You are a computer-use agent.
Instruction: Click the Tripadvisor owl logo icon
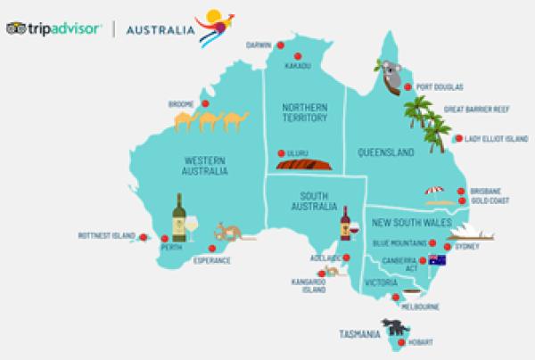tap(15, 29)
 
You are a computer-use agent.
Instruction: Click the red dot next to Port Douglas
tap(407, 87)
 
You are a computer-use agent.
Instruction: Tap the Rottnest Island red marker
tap(143, 236)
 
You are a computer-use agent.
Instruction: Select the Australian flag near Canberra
tap(436, 260)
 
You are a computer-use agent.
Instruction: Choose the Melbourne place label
tap(420, 307)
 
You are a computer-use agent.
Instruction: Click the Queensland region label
tap(383, 153)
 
